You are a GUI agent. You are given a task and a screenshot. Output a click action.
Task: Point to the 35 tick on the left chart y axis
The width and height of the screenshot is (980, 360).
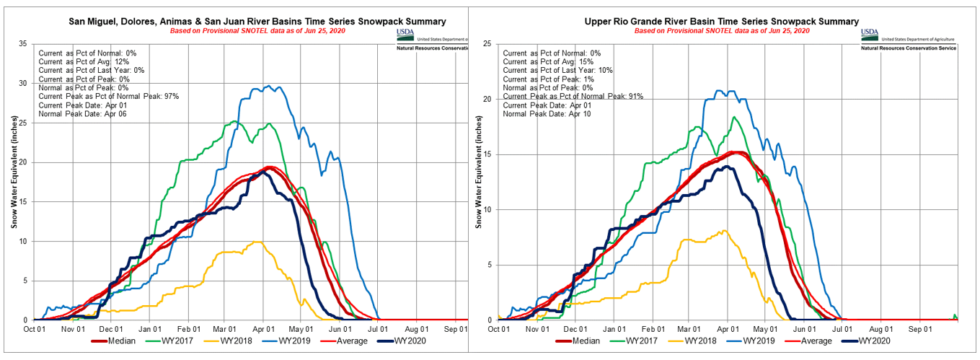tap(23, 45)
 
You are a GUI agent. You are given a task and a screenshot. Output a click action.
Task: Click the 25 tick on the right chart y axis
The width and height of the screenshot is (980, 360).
tap(487, 45)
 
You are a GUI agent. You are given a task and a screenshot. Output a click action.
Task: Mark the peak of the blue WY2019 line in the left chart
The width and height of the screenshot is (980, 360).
tap(269, 86)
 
